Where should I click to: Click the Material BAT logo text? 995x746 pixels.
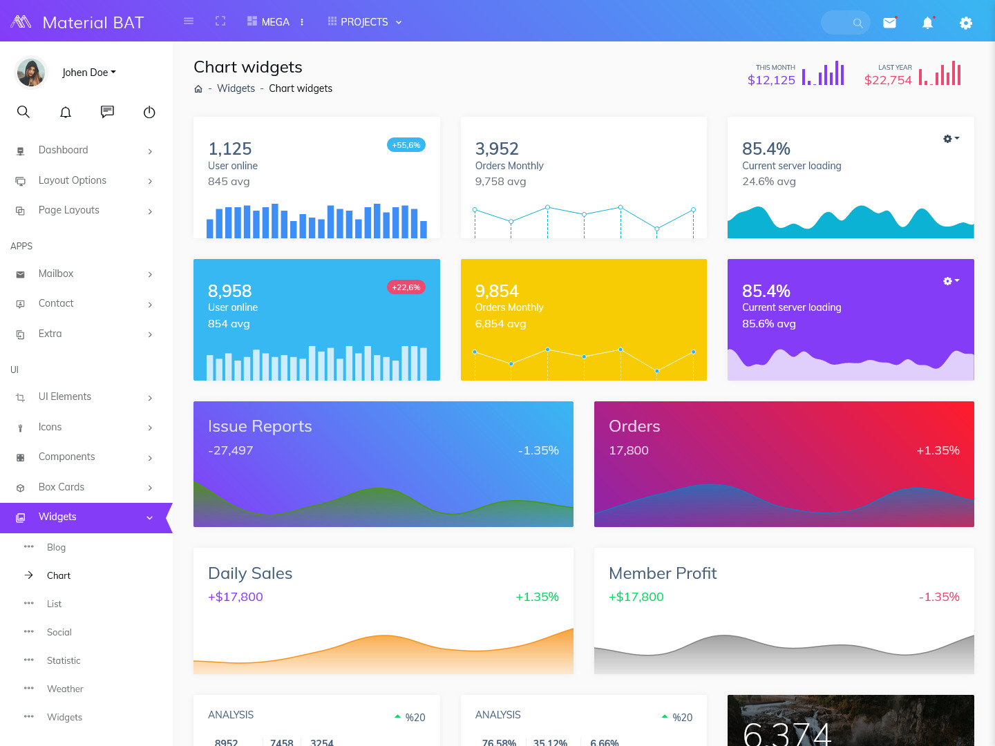93,23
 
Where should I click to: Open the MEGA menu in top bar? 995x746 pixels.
269,22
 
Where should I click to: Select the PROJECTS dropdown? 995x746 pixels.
364,22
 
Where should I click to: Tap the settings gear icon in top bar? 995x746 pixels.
965,23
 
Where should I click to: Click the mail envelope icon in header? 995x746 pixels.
889,23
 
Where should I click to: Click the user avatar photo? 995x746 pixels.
31,73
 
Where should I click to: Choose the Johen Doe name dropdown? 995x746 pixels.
88,73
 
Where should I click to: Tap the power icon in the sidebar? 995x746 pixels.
149,112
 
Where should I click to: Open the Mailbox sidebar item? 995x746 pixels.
56,274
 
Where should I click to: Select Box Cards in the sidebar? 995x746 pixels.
61,487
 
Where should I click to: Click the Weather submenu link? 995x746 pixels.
65,689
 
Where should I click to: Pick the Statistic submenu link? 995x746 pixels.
64,660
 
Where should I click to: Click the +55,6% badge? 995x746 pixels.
406,145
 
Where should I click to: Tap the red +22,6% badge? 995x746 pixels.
406,287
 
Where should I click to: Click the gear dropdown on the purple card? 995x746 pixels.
951,281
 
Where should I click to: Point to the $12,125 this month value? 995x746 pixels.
771,80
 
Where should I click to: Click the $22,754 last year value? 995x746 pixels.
888,80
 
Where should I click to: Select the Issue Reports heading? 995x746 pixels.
260,426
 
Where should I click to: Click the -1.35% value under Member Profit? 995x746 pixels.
938,597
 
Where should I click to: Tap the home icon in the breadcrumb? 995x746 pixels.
198,89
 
